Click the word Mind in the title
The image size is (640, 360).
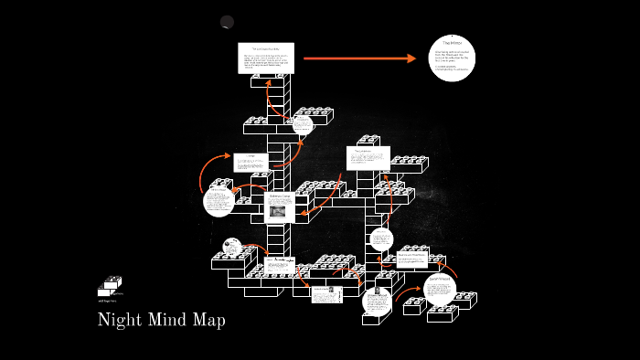click(x=165, y=321)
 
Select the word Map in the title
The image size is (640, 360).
click(x=208, y=321)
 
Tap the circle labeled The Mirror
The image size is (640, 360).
click(x=453, y=58)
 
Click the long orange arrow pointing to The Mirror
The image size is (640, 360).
click(x=359, y=58)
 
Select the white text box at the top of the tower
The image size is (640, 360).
click(x=266, y=59)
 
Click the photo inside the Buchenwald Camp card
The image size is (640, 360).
click(x=278, y=211)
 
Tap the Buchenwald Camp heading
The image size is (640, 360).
click(x=279, y=197)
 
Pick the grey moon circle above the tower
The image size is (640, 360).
click(x=227, y=22)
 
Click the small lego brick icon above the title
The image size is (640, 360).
click(x=111, y=285)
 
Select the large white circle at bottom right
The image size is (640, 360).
click(x=440, y=290)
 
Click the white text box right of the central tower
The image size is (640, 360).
click(x=368, y=157)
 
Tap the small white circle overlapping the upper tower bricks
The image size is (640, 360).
click(x=303, y=125)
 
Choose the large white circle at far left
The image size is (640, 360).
click(x=219, y=202)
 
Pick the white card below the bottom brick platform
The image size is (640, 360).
click(x=326, y=294)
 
